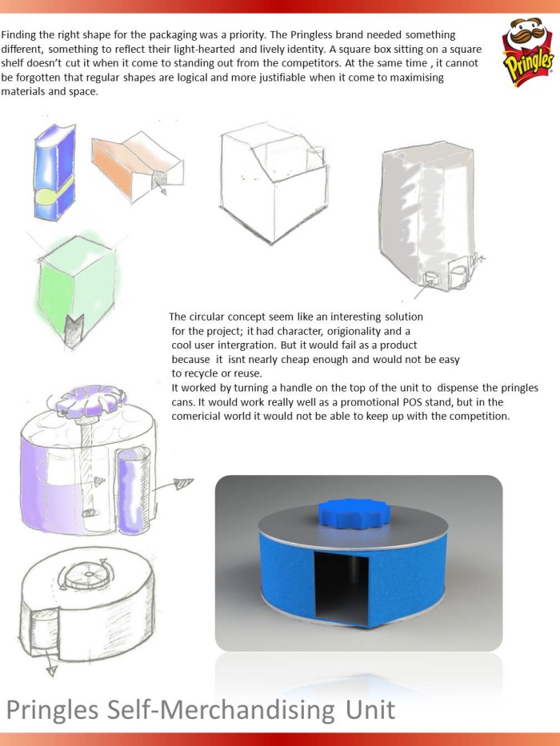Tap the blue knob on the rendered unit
(x=354, y=513)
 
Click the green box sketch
(x=76, y=285)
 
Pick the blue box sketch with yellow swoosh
(x=54, y=172)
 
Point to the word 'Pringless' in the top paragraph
(x=310, y=35)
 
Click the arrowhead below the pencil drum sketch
(x=51, y=671)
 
